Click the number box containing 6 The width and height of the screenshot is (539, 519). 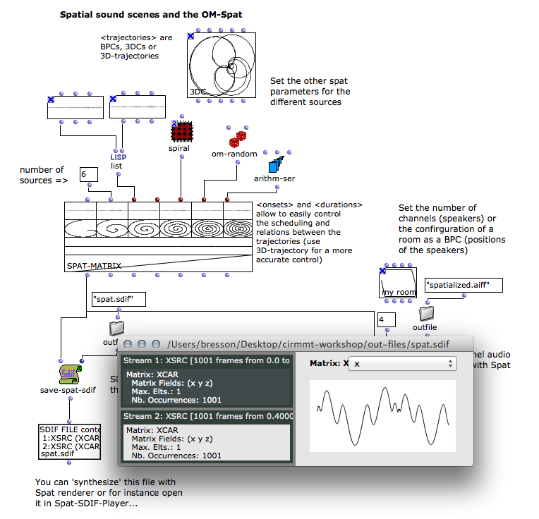(x=87, y=174)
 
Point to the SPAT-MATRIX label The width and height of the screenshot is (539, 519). (x=94, y=266)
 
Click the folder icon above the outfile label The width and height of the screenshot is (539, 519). (x=426, y=312)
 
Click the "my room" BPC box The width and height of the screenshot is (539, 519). (x=396, y=283)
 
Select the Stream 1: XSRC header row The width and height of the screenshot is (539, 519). (x=207, y=360)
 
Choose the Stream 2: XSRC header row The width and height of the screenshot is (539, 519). (x=207, y=416)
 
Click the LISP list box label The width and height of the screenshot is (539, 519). (x=118, y=161)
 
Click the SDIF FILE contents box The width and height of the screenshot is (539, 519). (x=70, y=441)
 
